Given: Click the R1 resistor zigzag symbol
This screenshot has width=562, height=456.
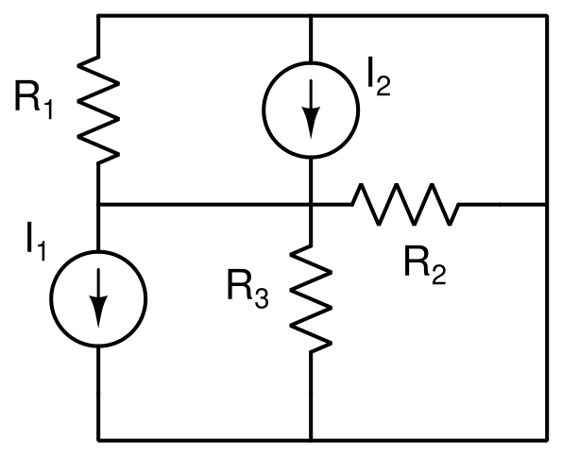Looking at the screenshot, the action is (x=98, y=110).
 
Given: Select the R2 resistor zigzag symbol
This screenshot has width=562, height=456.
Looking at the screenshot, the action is (x=405, y=205).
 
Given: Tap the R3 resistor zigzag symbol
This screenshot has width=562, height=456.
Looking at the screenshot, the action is (x=311, y=299).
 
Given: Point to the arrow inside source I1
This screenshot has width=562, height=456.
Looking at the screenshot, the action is (x=98, y=297).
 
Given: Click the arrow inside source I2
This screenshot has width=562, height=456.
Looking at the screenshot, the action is (x=311, y=109).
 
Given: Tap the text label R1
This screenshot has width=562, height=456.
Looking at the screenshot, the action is (x=34, y=100).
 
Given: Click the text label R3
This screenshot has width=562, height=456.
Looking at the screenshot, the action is (x=247, y=290).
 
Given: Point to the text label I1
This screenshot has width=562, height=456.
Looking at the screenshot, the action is (x=36, y=242).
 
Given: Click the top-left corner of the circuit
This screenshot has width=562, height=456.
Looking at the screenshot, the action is (x=98, y=16).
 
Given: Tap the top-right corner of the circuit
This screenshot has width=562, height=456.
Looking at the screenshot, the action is (x=547, y=16).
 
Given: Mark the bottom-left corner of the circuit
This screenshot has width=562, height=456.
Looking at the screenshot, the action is (x=98, y=440).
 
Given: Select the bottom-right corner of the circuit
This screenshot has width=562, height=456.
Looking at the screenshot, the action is (x=547, y=440).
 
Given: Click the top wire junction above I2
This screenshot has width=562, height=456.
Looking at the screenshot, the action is (x=311, y=16).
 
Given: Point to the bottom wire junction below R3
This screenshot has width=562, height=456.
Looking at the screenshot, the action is (x=311, y=440).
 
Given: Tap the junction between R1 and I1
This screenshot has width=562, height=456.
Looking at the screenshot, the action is (x=98, y=205).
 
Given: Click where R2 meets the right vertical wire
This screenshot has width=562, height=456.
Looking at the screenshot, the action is (x=547, y=205).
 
